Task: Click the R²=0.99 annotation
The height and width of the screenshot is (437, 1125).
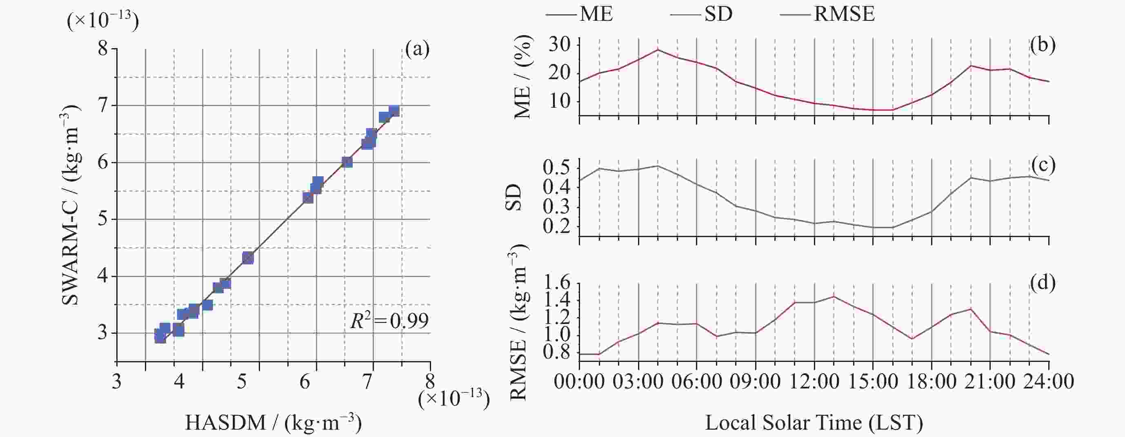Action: pyautogui.click(x=389, y=321)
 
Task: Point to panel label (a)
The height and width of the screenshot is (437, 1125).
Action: pyautogui.click(x=417, y=49)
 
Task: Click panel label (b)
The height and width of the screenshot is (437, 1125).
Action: pyautogui.click(x=1043, y=45)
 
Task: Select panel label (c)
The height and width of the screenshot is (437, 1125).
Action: pyautogui.click(x=1043, y=164)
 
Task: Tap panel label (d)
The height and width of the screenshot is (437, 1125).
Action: pyautogui.click(x=1043, y=283)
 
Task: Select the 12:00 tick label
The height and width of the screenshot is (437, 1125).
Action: pyautogui.click(x=814, y=382)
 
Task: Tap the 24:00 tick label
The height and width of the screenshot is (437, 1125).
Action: pyautogui.click(x=1049, y=382)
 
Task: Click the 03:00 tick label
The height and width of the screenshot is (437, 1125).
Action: pyautogui.click(x=638, y=382)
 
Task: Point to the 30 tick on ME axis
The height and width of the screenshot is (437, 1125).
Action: pyautogui.click(x=560, y=45)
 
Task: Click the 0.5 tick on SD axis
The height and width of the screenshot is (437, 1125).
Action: pyautogui.click(x=557, y=168)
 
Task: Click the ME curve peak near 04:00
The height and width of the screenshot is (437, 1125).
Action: pyautogui.click(x=658, y=49)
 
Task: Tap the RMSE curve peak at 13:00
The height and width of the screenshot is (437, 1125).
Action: pyautogui.click(x=834, y=296)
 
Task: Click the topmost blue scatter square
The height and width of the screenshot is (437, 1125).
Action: pyautogui.click(x=394, y=111)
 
